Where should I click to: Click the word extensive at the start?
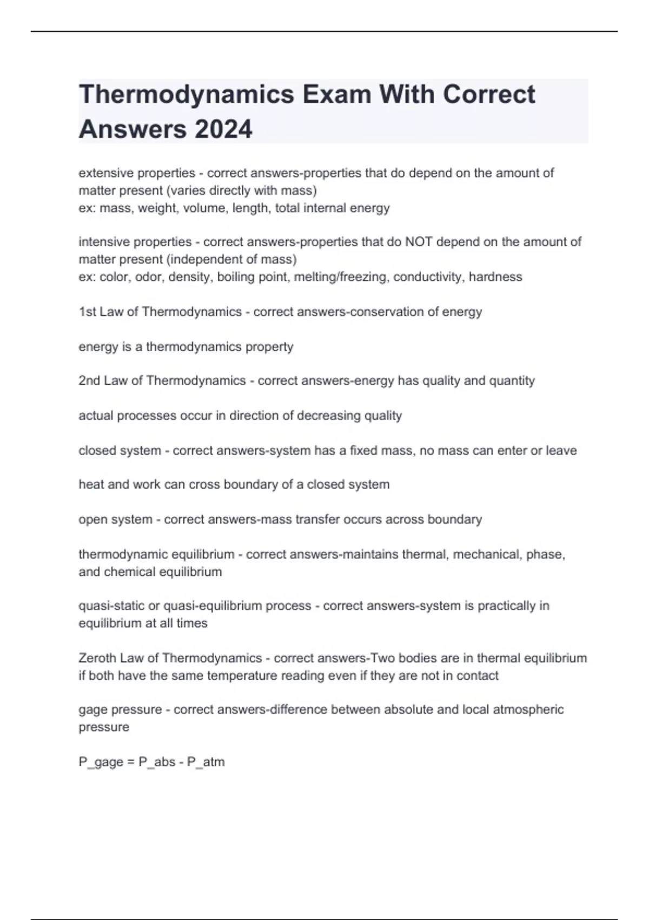coord(103,173)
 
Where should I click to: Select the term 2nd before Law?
coord(89,381)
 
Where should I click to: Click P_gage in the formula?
coord(101,762)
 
